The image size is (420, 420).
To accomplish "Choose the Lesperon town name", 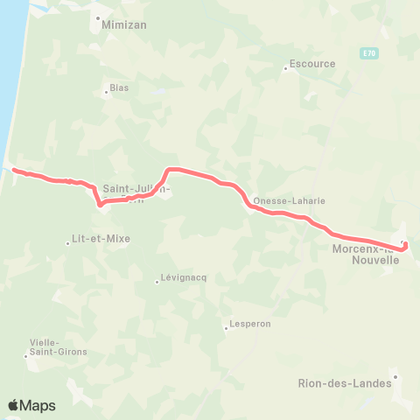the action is tap(249, 324).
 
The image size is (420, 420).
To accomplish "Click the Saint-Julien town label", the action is tap(136, 188).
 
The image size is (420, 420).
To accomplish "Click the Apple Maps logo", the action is tap(32, 405).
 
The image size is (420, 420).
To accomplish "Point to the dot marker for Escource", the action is tap(285, 68).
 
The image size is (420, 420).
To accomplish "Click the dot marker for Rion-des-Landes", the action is tap(395, 377).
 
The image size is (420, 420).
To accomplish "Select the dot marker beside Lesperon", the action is tap(226, 329).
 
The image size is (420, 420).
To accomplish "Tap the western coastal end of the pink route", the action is tap(15, 170).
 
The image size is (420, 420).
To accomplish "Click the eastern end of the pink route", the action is tap(406, 248).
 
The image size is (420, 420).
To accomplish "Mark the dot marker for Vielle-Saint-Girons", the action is tap(26, 355).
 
